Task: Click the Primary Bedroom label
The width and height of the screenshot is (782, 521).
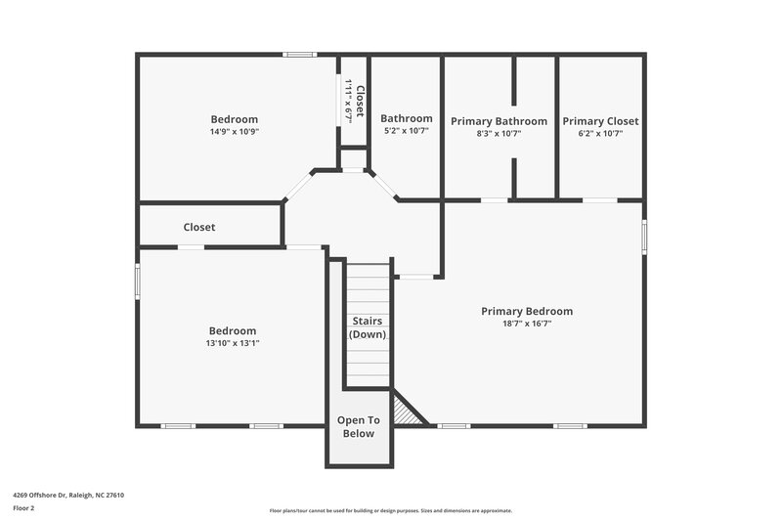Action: pos(527,311)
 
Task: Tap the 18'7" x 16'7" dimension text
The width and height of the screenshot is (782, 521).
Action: pos(527,324)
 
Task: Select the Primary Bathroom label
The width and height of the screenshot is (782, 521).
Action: pos(499,121)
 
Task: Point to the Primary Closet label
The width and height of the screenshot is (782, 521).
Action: pos(600,121)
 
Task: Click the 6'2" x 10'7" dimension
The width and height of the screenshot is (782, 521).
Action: pos(600,134)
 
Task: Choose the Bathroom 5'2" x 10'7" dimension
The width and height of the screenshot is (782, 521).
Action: pos(406,131)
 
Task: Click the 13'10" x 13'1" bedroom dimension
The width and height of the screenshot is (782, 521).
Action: pos(233,343)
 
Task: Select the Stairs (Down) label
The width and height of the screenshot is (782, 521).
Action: pos(368,327)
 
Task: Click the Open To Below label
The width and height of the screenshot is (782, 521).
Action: pos(358,427)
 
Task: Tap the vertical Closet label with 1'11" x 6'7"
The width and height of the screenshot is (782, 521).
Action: pos(354,101)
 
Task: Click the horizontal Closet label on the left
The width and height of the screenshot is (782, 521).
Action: pos(199,227)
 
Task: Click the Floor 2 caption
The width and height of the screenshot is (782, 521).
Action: pos(23,508)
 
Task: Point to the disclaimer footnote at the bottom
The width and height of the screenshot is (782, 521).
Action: pos(390,510)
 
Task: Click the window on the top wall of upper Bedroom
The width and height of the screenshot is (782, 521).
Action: pos(299,55)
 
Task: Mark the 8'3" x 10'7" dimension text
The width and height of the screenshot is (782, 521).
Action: pos(499,134)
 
